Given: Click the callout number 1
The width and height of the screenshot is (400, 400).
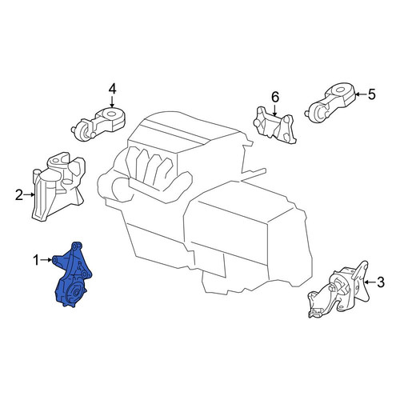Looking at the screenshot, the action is (x=36, y=260).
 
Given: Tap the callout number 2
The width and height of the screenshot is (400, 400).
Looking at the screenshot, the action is (x=19, y=195).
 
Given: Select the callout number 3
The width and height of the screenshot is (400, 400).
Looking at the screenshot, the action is (x=381, y=282).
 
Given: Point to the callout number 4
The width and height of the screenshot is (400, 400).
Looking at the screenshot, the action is (x=112, y=89).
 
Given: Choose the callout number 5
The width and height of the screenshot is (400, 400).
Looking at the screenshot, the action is (x=371, y=94).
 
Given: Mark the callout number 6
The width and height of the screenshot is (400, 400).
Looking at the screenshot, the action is (x=275, y=97).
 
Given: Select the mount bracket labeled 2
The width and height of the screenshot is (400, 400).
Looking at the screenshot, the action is (x=58, y=186).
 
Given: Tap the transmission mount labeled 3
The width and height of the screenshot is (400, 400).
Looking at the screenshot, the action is (x=338, y=290).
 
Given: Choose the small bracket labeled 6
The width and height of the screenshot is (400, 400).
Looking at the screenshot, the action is (x=274, y=125).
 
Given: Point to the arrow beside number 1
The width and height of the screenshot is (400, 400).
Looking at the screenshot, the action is (x=46, y=260).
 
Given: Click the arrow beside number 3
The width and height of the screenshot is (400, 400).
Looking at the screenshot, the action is (x=370, y=282).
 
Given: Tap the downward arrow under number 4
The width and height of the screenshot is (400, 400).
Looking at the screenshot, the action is (x=112, y=102).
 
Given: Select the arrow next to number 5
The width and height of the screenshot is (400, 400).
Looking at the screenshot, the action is (x=361, y=94).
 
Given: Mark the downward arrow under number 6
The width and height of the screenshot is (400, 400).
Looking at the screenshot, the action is (x=274, y=110).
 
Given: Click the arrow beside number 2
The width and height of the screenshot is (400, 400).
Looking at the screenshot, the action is (x=29, y=194).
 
